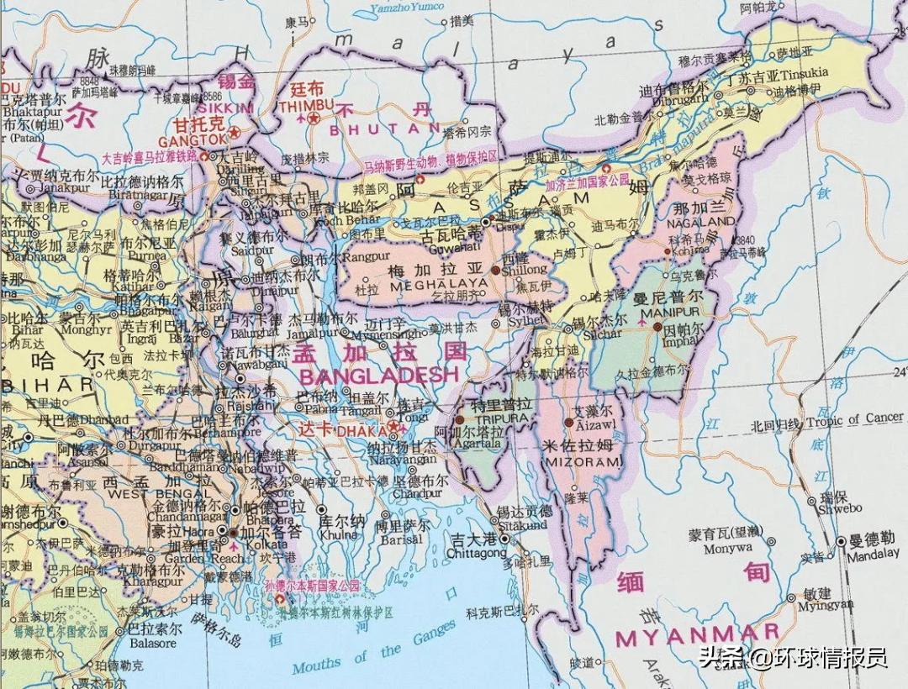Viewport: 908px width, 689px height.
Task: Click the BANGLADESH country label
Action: click(x=378, y=376)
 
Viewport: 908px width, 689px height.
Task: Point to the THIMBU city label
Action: click(x=300, y=105)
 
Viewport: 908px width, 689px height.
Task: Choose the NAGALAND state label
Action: click(x=699, y=223)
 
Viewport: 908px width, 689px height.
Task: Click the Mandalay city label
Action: click(x=872, y=555)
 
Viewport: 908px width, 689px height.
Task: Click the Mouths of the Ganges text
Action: click(x=374, y=652)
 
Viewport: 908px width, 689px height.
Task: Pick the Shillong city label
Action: click(x=523, y=270)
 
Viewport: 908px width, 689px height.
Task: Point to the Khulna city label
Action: click(x=338, y=534)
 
